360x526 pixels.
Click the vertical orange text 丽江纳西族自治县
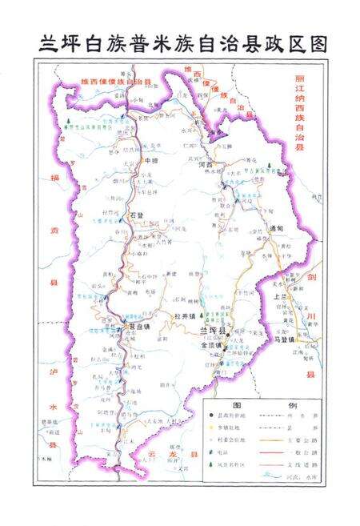300,112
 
